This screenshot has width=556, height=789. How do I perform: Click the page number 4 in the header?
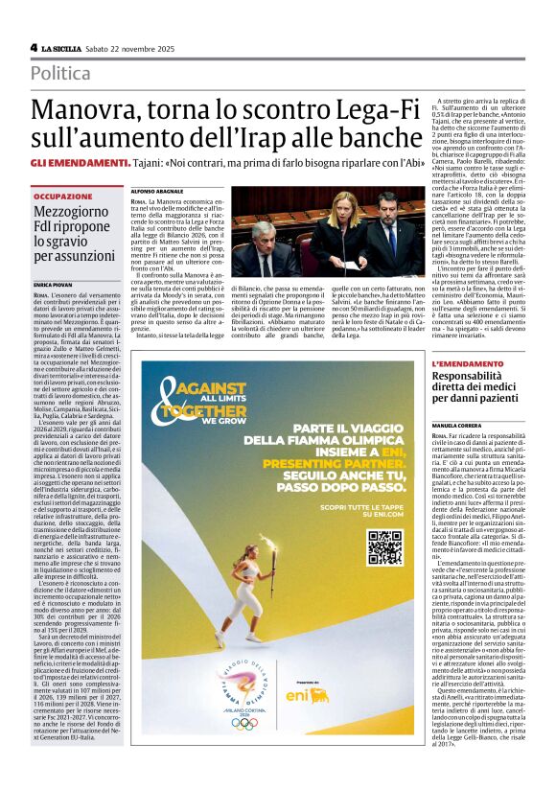click(x=34, y=47)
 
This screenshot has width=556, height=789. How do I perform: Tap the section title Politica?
click(x=60, y=73)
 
